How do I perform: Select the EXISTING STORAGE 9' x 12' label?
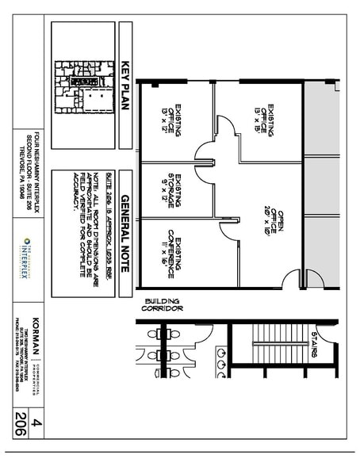tap(178, 190)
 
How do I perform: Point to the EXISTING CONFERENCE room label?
tap(178, 253)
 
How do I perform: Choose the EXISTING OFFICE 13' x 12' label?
tap(178, 120)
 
